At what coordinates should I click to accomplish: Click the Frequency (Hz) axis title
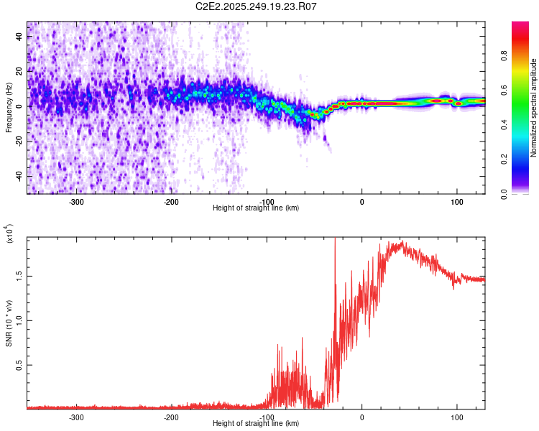coord(9,108)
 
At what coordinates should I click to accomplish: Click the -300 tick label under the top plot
coord(77,201)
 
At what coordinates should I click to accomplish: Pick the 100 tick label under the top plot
coord(456,201)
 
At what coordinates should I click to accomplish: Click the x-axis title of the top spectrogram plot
coord(257,208)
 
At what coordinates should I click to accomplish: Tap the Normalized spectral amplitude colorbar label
coord(534,108)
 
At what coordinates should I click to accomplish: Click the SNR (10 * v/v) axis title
coord(9,323)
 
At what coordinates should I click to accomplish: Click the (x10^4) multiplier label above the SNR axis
coord(9,233)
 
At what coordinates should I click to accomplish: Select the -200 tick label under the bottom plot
coord(171,417)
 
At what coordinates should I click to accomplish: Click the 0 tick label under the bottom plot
coord(362,417)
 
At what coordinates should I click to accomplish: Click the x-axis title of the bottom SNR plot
coord(257,424)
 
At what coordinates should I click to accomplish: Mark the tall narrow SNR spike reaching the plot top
coord(335,248)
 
